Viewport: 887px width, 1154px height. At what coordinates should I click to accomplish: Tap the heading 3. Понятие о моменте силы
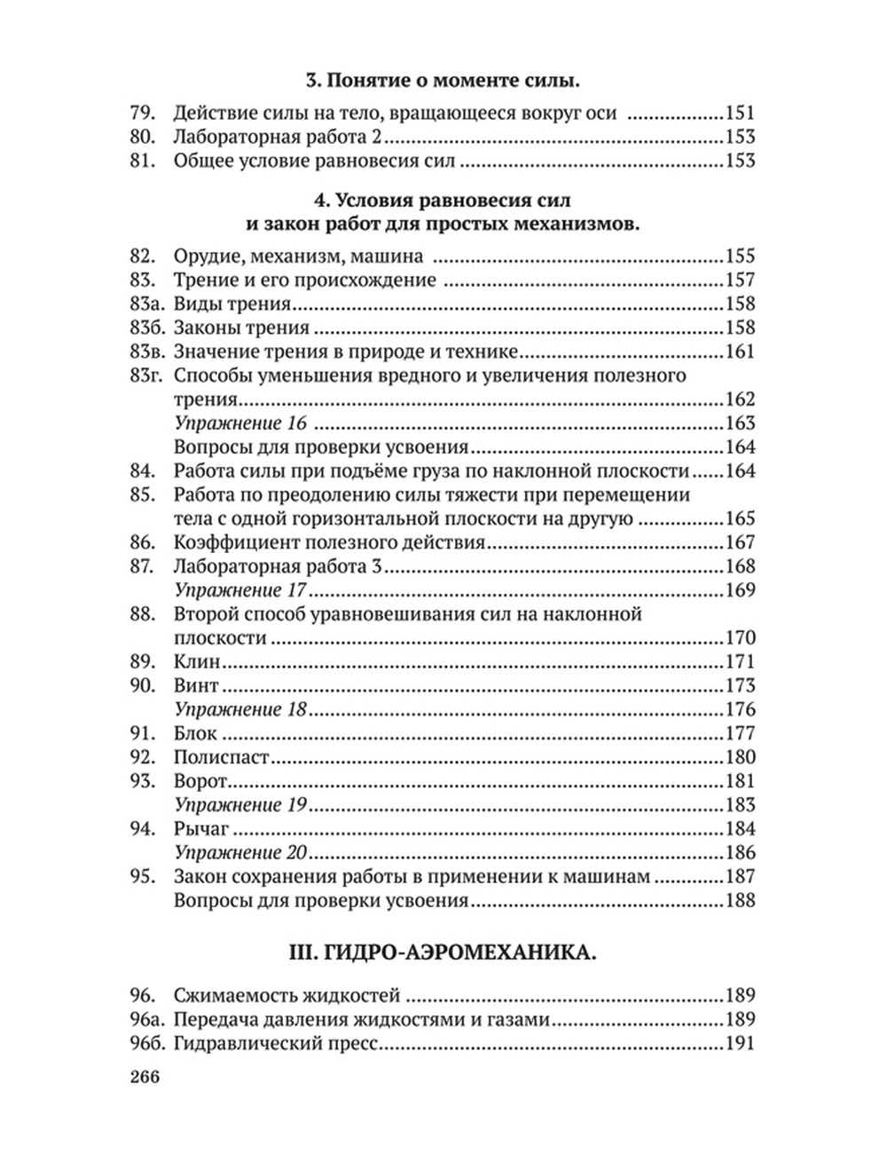[x=443, y=81]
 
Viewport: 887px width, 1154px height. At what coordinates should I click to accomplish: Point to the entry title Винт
[x=197, y=686]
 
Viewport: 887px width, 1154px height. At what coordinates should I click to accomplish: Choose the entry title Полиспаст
[x=222, y=758]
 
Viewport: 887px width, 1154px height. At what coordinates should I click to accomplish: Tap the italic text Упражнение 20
[x=240, y=853]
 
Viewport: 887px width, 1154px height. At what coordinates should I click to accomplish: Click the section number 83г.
[x=145, y=375]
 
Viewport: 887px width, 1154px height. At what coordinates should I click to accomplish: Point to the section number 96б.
[x=145, y=1044]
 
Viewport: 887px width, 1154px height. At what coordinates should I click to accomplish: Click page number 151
[x=740, y=114]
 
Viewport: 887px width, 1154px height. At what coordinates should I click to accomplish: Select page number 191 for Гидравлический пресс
[x=740, y=1044]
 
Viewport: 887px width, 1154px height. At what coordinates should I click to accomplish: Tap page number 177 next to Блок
[x=740, y=734]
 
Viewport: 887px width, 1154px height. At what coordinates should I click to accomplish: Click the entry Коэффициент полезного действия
[x=330, y=542]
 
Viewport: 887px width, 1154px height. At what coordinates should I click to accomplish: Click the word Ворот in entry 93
[x=201, y=782]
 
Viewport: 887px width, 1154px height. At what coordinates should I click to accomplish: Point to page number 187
[x=740, y=877]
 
